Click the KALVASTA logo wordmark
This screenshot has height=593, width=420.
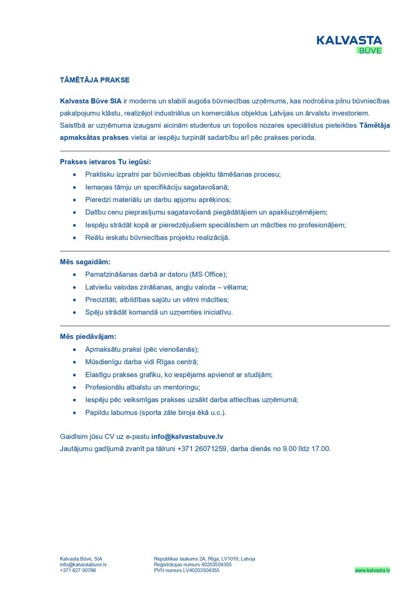[349, 40]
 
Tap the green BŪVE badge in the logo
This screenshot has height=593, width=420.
[370, 50]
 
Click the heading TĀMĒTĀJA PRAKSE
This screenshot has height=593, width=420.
[94, 80]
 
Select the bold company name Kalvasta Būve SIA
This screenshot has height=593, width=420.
[91, 101]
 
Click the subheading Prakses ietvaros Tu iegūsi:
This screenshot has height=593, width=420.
[105, 162]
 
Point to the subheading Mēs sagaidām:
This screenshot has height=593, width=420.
[85, 261]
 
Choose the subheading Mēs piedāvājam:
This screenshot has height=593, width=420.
[88, 337]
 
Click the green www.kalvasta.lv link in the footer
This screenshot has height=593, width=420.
[372, 570]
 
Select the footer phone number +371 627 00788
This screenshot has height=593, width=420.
[78, 570]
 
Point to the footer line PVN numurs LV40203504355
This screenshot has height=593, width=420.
[187, 570]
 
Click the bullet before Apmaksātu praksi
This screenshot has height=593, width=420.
[74, 349]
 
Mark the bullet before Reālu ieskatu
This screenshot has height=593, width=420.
[74, 238]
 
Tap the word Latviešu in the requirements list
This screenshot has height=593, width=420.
[99, 287]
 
